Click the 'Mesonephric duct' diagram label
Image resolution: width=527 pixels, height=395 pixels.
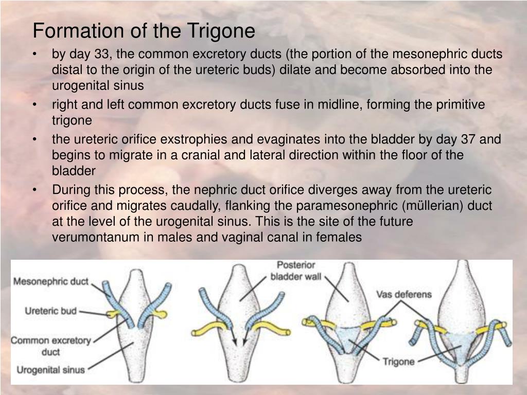[50, 282]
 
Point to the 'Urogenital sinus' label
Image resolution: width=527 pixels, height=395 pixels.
[50, 369]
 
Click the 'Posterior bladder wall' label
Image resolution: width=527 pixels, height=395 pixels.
[296, 271]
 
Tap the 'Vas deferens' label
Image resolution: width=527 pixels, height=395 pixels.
[403, 295]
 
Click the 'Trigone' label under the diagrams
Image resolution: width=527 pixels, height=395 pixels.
[398, 362]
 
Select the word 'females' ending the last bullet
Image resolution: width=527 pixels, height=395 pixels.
[338, 237]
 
